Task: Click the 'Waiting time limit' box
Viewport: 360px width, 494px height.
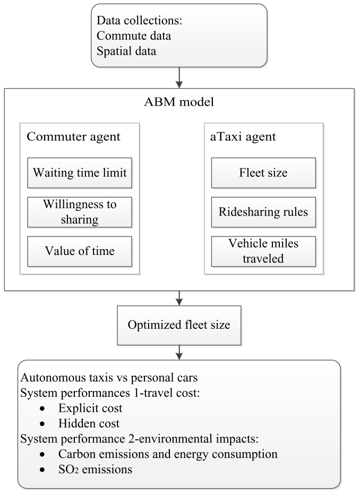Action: pyautogui.click(x=80, y=173)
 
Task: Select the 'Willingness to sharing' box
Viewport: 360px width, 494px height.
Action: pyautogui.click(x=80, y=212)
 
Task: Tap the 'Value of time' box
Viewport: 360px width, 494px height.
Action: pyautogui.click(x=80, y=251)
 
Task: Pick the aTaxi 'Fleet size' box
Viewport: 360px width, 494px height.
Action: pyautogui.click(x=263, y=173)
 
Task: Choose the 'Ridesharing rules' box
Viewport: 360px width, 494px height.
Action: pyautogui.click(x=263, y=212)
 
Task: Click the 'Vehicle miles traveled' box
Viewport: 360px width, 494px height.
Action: pyautogui.click(x=263, y=251)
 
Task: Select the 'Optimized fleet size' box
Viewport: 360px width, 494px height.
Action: pyautogui.click(x=179, y=325)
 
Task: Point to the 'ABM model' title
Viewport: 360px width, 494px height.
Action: pyautogui.click(x=179, y=102)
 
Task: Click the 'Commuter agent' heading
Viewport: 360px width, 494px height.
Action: pyautogui.click(x=73, y=137)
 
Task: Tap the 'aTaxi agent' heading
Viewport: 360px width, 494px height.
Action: pyautogui.click(x=243, y=137)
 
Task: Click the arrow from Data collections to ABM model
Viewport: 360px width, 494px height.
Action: pyautogui.click(x=179, y=78)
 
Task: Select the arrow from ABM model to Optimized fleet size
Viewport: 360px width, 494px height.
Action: pyautogui.click(x=179, y=298)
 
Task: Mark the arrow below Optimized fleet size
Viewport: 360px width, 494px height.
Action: pyautogui.click(x=179, y=353)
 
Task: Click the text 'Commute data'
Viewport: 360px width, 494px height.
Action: pyautogui.click(x=134, y=36)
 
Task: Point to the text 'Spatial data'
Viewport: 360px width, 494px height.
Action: pyautogui.click(x=126, y=52)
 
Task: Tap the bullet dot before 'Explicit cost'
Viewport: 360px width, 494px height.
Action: pyautogui.click(x=42, y=409)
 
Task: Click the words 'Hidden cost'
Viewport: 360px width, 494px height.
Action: pyautogui.click(x=89, y=424)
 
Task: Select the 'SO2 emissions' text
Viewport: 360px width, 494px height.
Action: pyautogui.click(x=95, y=470)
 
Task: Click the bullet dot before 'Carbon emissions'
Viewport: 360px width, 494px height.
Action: pyautogui.click(x=42, y=455)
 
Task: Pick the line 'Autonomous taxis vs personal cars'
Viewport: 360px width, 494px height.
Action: pyautogui.click(x=109, y=378)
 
